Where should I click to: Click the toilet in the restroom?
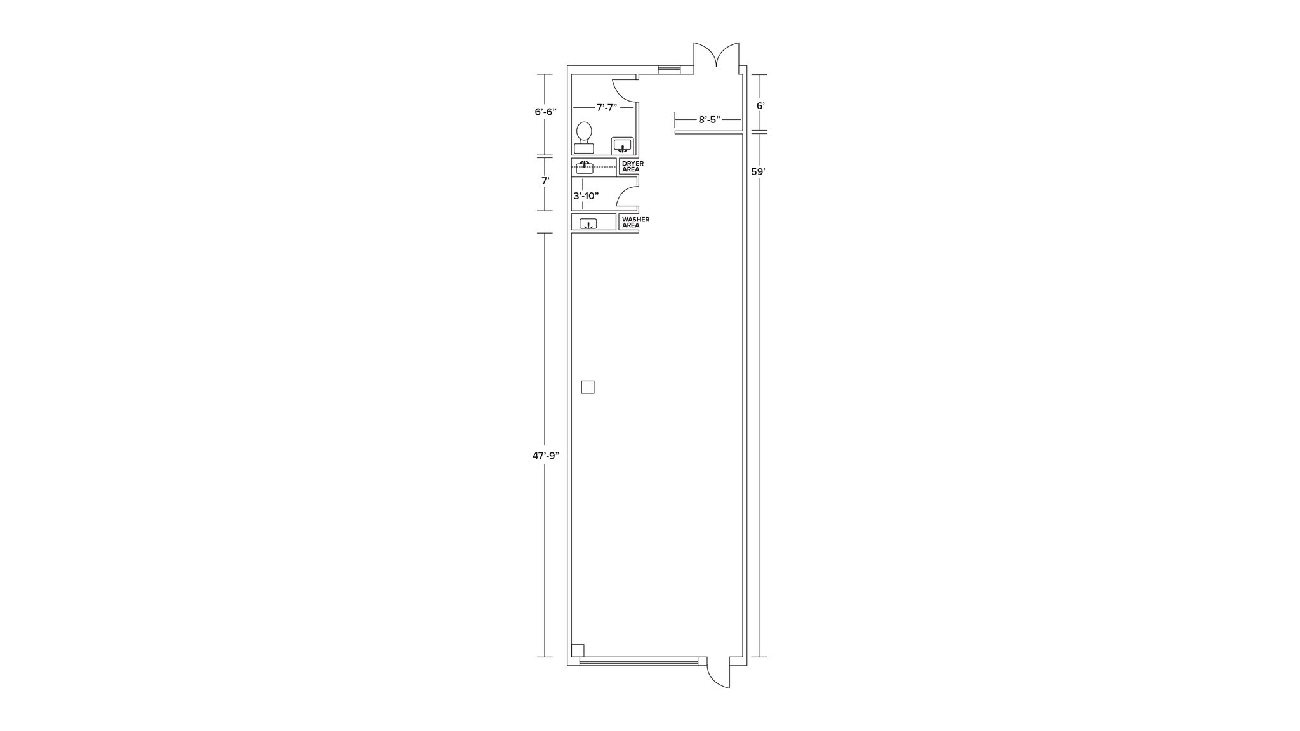coord(584,138)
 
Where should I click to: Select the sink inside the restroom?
coord(622,145)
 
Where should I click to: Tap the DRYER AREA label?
coord(632,166)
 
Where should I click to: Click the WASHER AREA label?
coord(635,221)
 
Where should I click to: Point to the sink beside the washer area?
coord(588,223)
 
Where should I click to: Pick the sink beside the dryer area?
coord(585,168)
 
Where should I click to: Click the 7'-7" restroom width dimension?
coord(607,107)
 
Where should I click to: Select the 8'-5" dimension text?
coord(710,119)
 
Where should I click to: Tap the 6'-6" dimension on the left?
coord(545,112)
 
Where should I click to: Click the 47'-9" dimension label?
coord(546,455)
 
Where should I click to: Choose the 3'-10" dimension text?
coord(586,195)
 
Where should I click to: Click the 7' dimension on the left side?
coord(545,180)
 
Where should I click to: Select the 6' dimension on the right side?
coord(760,105)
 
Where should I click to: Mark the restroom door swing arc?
coord(625,90)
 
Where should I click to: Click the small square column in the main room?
coord(588,387)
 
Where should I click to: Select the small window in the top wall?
coord(669,70)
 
